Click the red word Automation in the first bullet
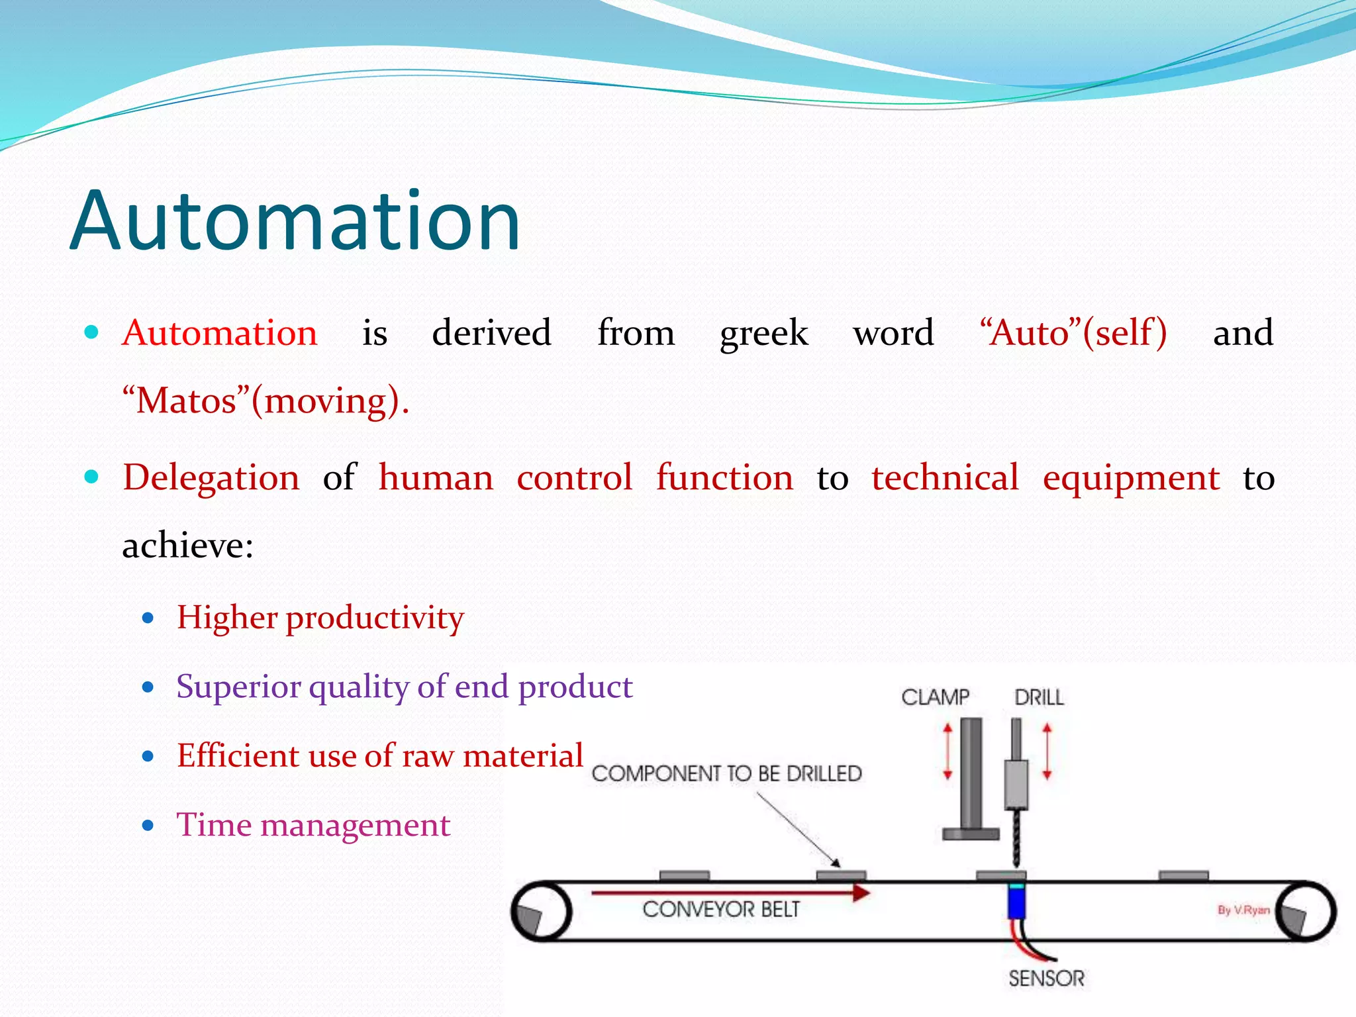click(x=220, y=332)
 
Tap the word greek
click(x=763, y=334)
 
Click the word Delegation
click(x=211, y=477)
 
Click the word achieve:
click(x=187, y=546)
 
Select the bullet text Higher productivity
click(x=320, y=618)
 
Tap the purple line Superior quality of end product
click(x=404, y=687)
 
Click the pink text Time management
click(x=313, y=825)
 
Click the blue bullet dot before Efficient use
click(x=148, y=756)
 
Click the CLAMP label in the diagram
click(x=935, y=697)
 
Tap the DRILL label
click(x=1039, y=697)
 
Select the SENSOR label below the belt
click(x=1046, y=978)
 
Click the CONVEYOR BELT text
click(x=721, y=909)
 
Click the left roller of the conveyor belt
click(x=542, y=912)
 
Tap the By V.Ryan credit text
click(x=1243, y=910)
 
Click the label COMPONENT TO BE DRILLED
click(x=726, y=773)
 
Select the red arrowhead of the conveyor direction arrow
click(x=860, y=893)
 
